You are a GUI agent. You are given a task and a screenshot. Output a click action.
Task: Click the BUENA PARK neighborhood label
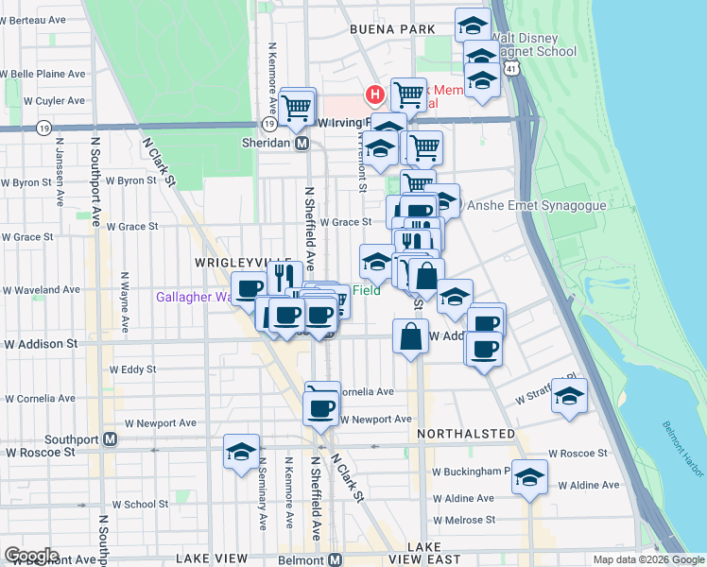[391, 29]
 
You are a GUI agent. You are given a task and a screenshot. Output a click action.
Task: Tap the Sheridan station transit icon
[302, 143]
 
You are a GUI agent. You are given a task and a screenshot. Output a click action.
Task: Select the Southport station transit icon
[111, 438]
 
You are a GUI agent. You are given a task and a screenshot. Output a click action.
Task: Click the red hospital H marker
[375, 95]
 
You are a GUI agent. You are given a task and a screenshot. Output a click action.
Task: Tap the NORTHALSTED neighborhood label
[467, 434]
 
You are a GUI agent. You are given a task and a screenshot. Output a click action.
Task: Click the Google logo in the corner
[31, 555]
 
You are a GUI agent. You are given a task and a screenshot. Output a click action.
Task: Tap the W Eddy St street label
[131, 369]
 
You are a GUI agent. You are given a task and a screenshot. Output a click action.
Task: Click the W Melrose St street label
[463, 520]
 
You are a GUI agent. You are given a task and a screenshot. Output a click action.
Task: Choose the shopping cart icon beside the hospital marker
[408, 94]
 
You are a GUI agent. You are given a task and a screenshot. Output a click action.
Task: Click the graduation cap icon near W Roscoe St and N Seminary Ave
[241, 451]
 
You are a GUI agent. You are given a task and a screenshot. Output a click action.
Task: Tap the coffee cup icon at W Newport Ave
[320, 407]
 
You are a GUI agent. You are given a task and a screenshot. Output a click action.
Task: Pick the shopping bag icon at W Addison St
[410, 337]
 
